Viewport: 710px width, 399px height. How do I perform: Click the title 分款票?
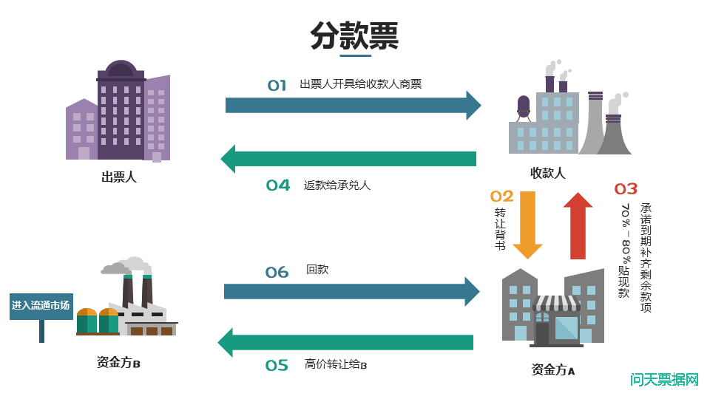[x=354, y=35]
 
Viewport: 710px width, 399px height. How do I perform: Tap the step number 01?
[x=277, y=86]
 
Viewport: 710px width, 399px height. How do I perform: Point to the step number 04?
[x=278, y=185]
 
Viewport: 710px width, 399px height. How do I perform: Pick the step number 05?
[x=277, y=365]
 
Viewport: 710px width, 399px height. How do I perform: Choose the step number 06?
[x=277, y=273]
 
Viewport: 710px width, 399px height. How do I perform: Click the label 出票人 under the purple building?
[x=118, y=177]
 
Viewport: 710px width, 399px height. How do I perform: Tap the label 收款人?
[x=547, y=173]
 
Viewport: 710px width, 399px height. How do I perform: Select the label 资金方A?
[x=553, y=369]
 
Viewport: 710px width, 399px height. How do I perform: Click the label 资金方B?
[x=118, y=363]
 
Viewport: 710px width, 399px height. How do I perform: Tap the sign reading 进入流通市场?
[x=41, y=305]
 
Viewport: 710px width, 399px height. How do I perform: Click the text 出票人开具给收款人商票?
[x=360, y=84]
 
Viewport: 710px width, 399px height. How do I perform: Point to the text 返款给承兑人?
[x=337, y=185]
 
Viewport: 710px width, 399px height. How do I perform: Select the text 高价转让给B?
[x=336, y=364]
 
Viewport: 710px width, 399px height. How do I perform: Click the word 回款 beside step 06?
[x=317, y=270]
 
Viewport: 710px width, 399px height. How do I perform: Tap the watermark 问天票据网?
[x=664, y=380]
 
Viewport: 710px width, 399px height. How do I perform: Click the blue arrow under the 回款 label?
[x=351, y=291]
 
